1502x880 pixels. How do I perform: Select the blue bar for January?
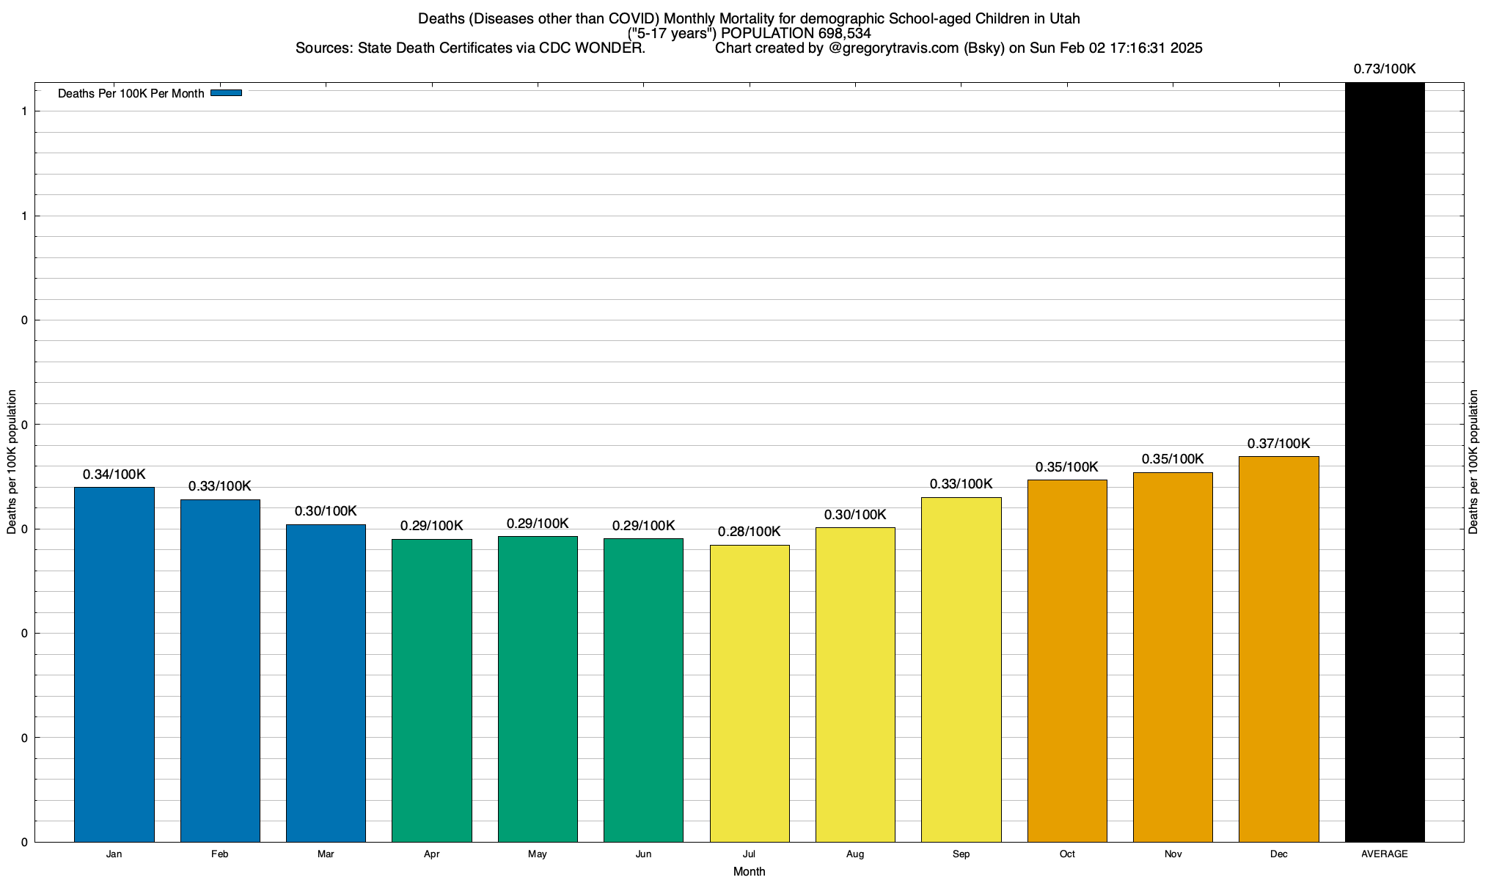tap(114, 664)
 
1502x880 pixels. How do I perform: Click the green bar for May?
tap(538, 689)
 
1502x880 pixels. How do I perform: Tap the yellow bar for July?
tap(750, 693)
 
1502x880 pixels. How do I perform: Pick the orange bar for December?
tap(1279, 649)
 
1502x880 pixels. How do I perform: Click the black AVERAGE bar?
tap(1385, 462)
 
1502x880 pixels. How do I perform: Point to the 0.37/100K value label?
tap(1278, 444)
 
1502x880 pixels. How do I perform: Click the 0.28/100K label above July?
tap(749, 532)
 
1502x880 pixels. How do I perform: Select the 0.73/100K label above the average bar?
tap(1385, 69)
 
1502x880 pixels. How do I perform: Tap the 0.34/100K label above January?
tap(114, 474)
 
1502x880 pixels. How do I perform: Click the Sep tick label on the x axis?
tap(961, 854)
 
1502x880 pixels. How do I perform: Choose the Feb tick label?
tap(220, 854)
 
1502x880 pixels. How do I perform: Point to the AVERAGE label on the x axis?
tap(1385, 854)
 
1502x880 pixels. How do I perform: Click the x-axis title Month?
tap(749, 871)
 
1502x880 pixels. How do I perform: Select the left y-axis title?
tap(12, 462)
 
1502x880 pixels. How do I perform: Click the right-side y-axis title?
tap(1474, 462)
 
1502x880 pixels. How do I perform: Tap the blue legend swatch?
tap(226, 93)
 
